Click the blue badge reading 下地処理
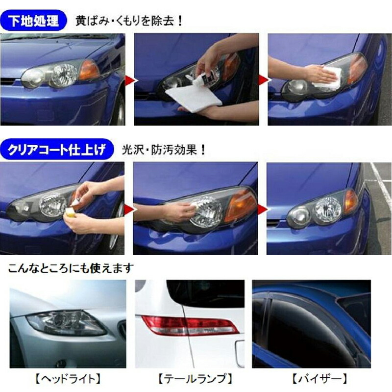click(x=33, y=20)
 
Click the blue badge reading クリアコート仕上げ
click(x=57, y=149)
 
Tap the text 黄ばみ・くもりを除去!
click(x=129, y=21)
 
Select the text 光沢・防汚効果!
click(x=164, y=150)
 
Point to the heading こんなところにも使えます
click(x=70, y=268)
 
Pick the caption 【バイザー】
click(x=320, y=379)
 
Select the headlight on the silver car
click(x=67, y=323)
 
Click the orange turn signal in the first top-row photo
click(x=89, y=70)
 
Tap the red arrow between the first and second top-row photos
click(x=130, y=80)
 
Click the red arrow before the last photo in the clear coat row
click(x=263, y=209)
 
